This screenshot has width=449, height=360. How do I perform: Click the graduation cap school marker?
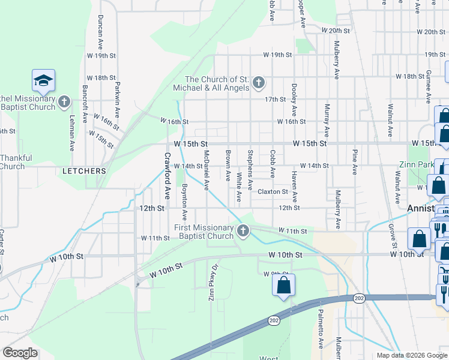pyautogui.click(x=44, y=80)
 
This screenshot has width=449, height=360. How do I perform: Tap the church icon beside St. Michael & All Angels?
pyautogui.click(x=259, y=82)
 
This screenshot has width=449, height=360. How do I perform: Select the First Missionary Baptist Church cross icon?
pyautogui.click(x=243, y=230)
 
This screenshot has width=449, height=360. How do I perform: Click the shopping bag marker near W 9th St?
pyautogui.click(x=284, y=285)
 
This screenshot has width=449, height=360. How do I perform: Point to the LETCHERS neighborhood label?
pyautogui.click(x=84, y=171)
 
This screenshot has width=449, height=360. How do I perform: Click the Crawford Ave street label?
pyautogui.click(x=166, y=176)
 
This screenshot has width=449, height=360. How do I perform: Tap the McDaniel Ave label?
pyautogui.click(x=206, y=171)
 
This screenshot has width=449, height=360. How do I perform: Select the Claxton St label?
pyautogui.click(x=273, y=192)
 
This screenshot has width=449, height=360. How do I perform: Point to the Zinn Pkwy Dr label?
pyautogui.click(x=211, y=283)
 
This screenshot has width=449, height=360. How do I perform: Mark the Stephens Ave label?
pyautogui.click(x=250, y=167)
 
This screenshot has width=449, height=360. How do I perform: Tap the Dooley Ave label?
pyautogui.click(x=294, y=99)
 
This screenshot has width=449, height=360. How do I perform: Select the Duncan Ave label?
pyautogui.click(x=100, y=32)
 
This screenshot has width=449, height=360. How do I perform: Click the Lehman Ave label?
pyautogui.click(x=71, y=133)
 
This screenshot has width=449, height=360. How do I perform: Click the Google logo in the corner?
pyautogui.click(x=20, y=353)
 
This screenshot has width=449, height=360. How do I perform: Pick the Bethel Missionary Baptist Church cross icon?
pyautogui.click(x=65, y=103)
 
